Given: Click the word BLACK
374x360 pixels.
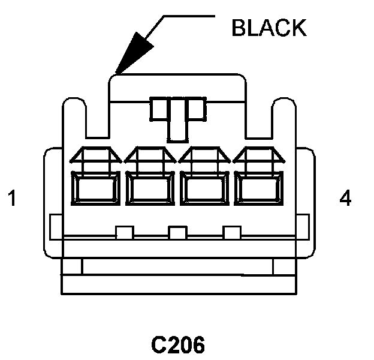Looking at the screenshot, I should point(269,28).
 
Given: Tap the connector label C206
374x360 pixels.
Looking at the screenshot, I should point(177,345).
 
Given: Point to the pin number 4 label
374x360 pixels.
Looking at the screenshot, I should point(345,199).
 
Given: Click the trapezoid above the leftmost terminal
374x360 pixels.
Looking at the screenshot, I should point(96,157).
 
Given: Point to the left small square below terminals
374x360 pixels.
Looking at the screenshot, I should point(124,233).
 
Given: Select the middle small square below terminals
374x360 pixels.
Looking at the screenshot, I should point(177,233).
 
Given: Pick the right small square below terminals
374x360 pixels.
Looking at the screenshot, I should point(231,233).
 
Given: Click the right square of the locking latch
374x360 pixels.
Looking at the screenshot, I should point(195,109).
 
